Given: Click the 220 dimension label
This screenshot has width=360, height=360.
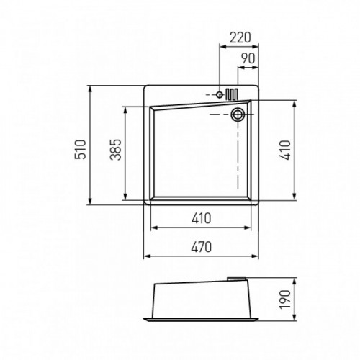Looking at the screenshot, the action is [240, 37].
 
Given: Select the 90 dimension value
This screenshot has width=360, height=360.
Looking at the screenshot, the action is [248, 58].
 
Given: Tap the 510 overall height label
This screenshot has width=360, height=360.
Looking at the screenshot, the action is [81, 150].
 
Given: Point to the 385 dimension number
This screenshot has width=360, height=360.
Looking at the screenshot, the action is [116, 150].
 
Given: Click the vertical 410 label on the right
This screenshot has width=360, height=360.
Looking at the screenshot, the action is [285, 150].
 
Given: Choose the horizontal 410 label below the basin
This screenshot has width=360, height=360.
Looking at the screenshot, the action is [201, 218].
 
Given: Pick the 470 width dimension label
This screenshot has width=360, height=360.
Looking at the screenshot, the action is [201, 247].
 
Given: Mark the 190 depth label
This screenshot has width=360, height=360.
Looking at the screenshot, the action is [285, 300].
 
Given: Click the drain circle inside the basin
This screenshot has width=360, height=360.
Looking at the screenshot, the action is [238, 114].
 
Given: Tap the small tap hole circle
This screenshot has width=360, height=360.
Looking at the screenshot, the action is [219, 95].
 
